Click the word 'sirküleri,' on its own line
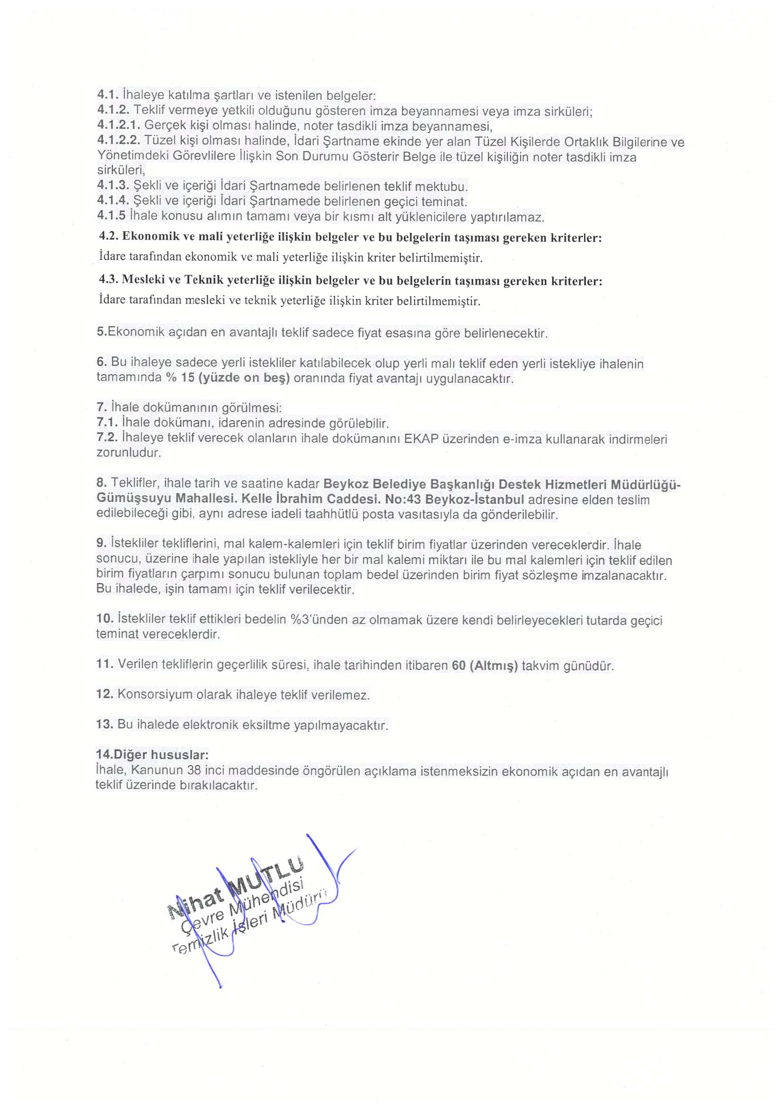pos(121,170)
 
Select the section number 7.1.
pos(107,423)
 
